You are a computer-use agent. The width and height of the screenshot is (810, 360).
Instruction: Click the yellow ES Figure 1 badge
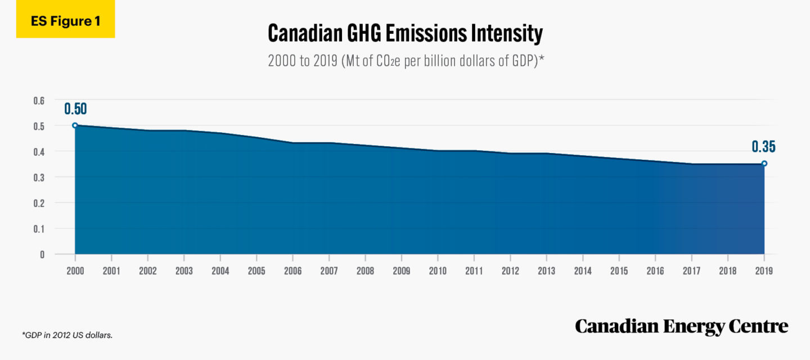point(65,21)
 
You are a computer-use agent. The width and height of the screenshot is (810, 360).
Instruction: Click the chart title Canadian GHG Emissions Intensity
point(405,34)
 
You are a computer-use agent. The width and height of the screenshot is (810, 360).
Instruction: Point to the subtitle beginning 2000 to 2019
point(405,61)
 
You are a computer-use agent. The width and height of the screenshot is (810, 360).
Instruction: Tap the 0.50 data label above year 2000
point(75,109)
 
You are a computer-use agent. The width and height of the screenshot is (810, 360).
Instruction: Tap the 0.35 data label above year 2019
point(763,147)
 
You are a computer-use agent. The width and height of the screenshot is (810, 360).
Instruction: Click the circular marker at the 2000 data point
point(75,125)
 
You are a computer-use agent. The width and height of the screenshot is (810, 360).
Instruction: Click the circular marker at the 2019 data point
point(764,164)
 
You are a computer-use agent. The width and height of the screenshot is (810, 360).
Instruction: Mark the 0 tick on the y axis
point(42,254)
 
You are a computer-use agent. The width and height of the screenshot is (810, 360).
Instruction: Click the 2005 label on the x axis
point(256,271)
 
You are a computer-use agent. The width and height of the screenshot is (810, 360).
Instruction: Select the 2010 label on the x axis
point(438,271)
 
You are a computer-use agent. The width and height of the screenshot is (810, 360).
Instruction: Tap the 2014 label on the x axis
point(583,271)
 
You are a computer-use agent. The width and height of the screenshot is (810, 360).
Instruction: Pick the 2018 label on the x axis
point(728,271)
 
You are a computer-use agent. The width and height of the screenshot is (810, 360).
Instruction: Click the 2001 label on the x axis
point(111,271)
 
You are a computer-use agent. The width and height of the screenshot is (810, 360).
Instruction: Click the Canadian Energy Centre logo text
point(681,326)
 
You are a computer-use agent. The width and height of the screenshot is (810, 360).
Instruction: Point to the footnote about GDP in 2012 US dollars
point(67,335)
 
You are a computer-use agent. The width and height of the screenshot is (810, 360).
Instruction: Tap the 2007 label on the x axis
point(329,271)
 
